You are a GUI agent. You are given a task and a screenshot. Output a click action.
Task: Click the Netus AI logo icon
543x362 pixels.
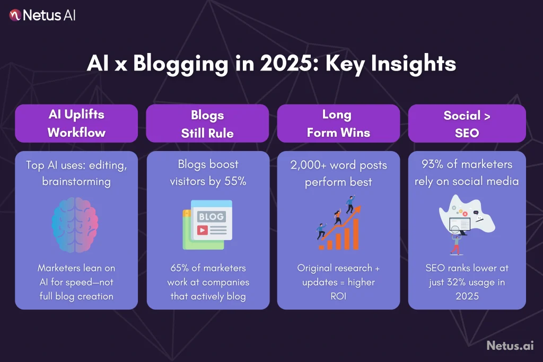[x=15, y=15]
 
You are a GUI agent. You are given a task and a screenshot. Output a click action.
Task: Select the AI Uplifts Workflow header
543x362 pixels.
[x=76, y=123]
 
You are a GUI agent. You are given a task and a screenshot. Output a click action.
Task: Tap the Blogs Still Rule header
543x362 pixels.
[x=207, y=123]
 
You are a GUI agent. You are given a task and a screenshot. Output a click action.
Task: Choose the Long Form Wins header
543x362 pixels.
[x=338, y=123]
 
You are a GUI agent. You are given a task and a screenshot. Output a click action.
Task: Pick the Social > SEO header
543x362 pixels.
[x=467, y=123]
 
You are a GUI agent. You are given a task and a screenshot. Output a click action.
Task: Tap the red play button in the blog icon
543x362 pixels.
[x=202, y=230]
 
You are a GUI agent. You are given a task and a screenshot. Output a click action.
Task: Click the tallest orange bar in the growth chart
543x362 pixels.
[x=355, y=234]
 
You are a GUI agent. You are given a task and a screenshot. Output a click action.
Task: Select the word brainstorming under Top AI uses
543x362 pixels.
[x=76, y=181]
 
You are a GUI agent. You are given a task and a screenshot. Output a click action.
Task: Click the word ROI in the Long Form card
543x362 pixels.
[x=338, y=296]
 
